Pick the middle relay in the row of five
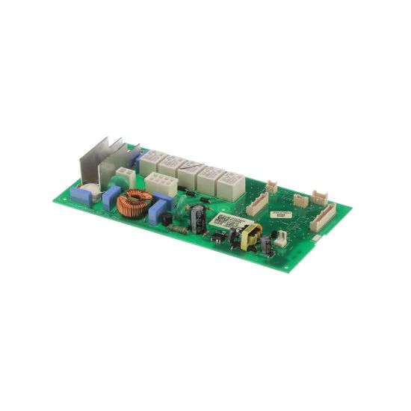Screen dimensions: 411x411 [x=188, y=168]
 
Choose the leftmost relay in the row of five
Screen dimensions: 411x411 [x=152, y=158]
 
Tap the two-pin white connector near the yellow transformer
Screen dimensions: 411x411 [x=280, y=238]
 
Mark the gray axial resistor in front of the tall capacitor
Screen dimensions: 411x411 [x=178, y=229]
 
